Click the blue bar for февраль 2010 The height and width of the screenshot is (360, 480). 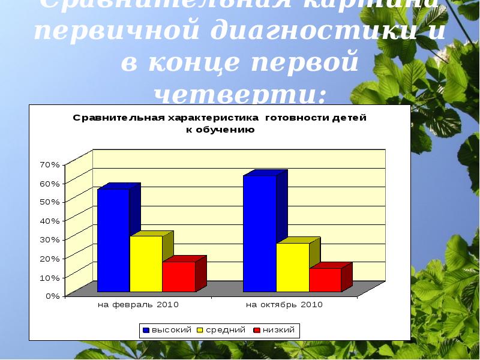pyautogui.click(x=113, y=240)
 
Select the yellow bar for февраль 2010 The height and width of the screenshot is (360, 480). pyautogui.click(x=146, y=263)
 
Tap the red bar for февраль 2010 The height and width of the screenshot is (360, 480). pyautogui.click(x=178, y=277)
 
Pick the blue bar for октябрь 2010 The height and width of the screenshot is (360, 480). pyautogui.click(x=259, y=233)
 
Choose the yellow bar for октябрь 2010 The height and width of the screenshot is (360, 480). pyautogui.click(x=292, y=267)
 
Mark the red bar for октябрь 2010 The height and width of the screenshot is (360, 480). pyautogui.click(x=325, y=280)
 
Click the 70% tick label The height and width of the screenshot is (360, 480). pyautogui.click(x=49, y=164)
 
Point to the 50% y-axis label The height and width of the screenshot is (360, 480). pyautogui.click(x=49, y=202)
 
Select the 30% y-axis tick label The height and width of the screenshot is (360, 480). pyautogui.click(x=49, y=239)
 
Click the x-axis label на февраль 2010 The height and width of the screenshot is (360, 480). pyautogui.click(x=138, y=305)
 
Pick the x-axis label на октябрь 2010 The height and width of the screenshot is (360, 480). pyautogui.click(x=284, y=305)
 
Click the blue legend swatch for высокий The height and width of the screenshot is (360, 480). pyautogui.click(x=146, y=330)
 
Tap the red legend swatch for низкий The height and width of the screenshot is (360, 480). pyautogui.click(x=257, y=330)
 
